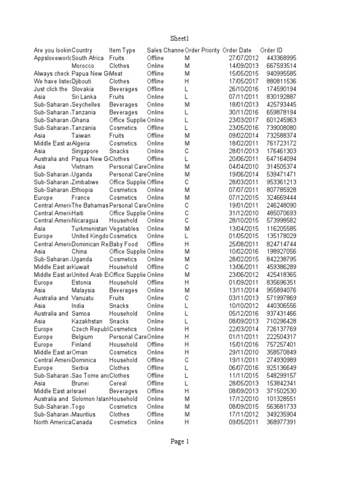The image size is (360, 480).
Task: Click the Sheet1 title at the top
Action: (180, 38)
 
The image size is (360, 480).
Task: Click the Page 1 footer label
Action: (180, 441)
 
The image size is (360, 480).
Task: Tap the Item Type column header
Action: (122, 50)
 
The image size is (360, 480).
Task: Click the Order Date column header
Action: (237, 50)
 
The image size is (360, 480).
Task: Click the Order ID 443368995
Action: (281, 58)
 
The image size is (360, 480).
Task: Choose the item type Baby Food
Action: (123, 244)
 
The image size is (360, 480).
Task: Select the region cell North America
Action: (52, 422)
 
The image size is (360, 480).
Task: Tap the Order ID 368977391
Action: (281, 422)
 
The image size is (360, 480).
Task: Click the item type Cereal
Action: (118, 383)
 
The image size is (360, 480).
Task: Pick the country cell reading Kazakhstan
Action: (87, 321)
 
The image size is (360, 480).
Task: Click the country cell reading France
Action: (81, 197)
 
